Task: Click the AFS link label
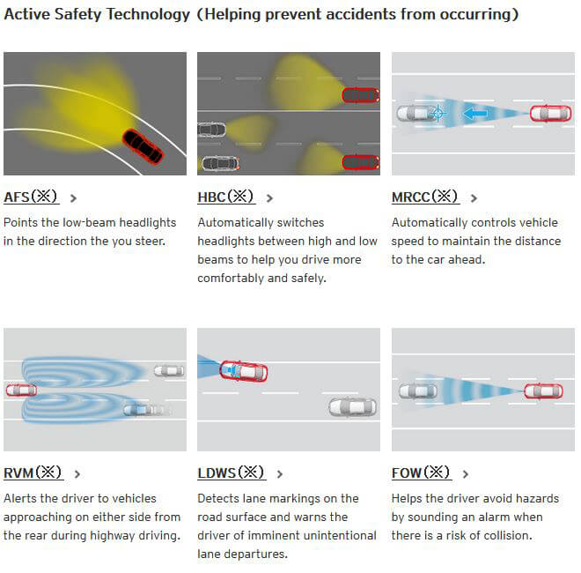(x=31, y=197)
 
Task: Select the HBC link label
(x=225, y=197)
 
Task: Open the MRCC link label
(x=425, y=197)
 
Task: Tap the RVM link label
(x=33, y=473)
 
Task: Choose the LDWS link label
(x=232, y=473)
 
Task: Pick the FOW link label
(x=421, y=473)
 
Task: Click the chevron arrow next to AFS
(x=73, y=198)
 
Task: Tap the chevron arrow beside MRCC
(x=474, y=198)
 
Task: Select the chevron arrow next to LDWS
(x=280, y=474)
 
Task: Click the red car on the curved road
(x=143, y=146)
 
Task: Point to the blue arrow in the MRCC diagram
(x=475, y=113)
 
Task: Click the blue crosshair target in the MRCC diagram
(x=438, y=113)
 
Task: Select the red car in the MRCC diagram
(x=550, y=114)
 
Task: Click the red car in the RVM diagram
(x=21, y=390)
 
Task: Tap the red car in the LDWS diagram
(x=244, y=371)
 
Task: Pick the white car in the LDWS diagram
(x=352, y=406)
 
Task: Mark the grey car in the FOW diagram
(x=418, y=391)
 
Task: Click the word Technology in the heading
(x=148, y=14)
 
